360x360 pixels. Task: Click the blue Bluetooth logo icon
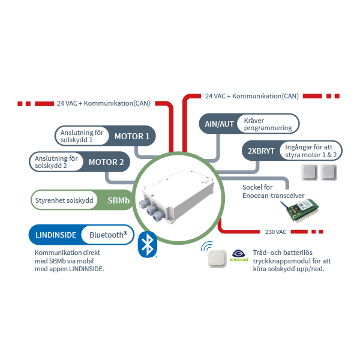click(x=147, y=244)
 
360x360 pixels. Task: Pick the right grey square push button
click(x=328, y=173)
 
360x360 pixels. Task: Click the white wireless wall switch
click(x=216, y=258)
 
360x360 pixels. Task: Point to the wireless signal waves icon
click(x=207, y=247)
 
